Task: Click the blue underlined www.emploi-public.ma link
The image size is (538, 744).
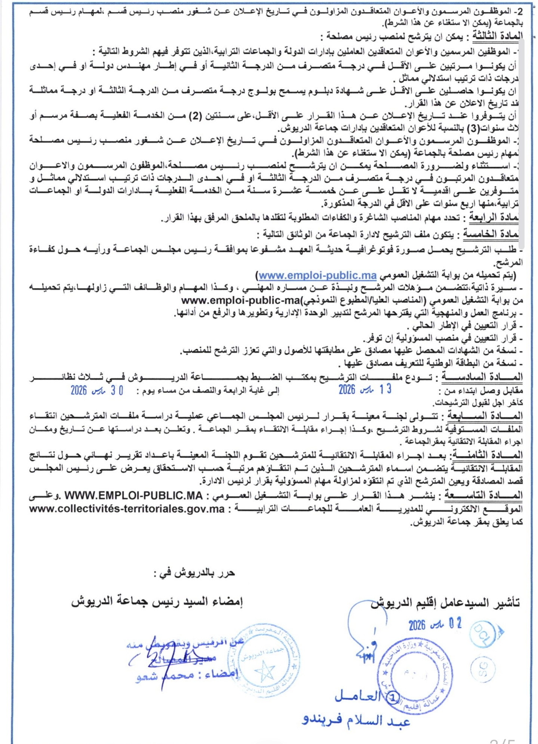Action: coord(317,276)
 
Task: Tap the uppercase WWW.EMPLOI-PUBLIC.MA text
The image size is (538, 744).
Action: coord(133,496)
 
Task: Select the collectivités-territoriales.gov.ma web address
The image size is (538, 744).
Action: coord(127,509)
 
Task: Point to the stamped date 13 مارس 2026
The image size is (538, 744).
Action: coord(365,389)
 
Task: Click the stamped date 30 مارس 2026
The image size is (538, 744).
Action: coord(97,391)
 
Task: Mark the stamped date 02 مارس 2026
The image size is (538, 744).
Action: coord(435,624)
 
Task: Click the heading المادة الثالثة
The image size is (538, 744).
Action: coord(497,36)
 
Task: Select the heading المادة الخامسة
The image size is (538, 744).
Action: coord(491,234)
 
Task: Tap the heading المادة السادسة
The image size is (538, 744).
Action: coord(482,377)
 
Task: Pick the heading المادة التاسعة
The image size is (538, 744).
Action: coord(483,495)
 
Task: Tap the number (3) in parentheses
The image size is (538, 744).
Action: coord(474,128)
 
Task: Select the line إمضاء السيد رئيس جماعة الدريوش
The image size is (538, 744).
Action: coord(157,601)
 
